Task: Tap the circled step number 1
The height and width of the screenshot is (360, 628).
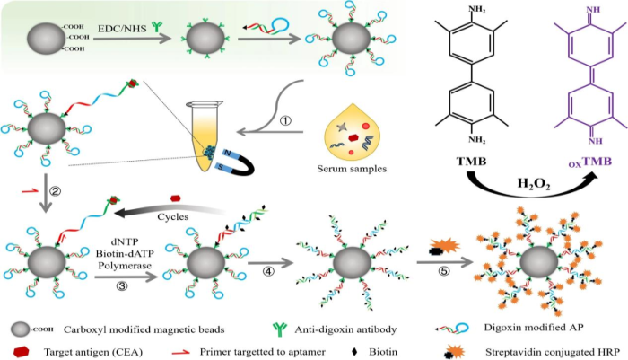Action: coord(285,120)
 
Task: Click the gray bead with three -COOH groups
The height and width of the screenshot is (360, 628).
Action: coord(46,40)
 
